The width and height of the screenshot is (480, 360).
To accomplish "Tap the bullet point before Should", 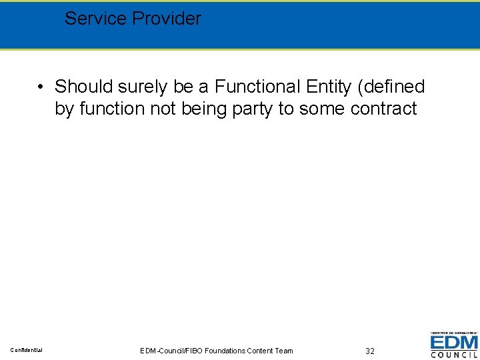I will click(41, 87).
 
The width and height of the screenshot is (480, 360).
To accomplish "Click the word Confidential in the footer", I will click(27, 350).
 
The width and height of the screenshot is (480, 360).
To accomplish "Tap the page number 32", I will click(370, 351).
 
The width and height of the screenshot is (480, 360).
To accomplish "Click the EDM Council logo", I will click(453, 345).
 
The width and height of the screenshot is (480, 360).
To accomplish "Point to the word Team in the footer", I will click(283, 351).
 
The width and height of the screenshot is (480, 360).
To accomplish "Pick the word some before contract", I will click(321, 109).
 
